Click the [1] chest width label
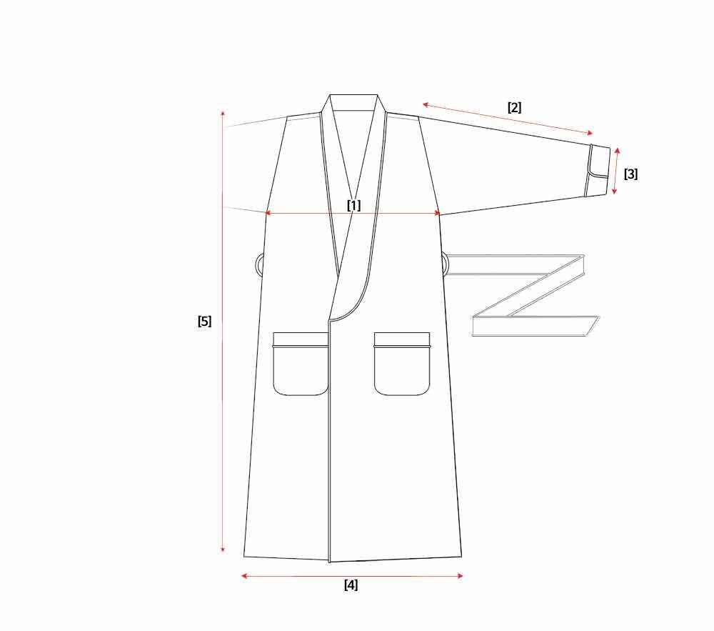(x=354, y=205)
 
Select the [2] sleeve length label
(x=514, y=107)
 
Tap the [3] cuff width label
(x=630, y=174)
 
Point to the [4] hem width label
(x=351, y=585)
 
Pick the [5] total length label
(x=204, y=321)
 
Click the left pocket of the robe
(x=301, y=364)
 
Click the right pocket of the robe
(x=402, y=364)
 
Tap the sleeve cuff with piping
(x=598, y=172)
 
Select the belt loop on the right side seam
(x=446, y=264)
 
